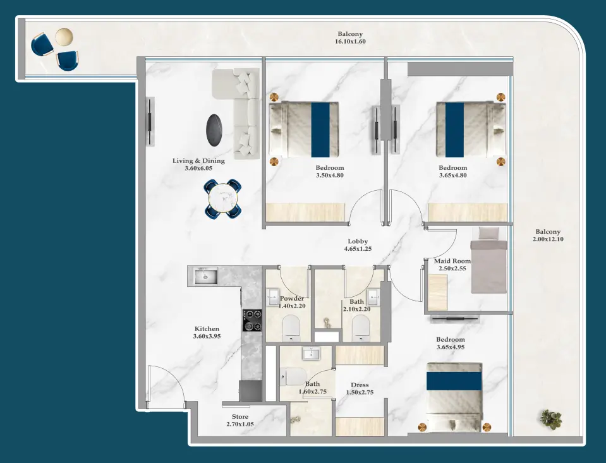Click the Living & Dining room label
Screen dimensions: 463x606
click(198, 165)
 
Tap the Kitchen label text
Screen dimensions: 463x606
click(207, 332)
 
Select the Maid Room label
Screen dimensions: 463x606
click(452, 265)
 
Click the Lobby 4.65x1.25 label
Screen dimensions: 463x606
click(358, 245)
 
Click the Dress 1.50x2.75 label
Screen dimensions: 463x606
click(360, 388)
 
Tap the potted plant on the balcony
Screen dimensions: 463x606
click(551, 419)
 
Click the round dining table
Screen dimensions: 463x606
click(223, 198)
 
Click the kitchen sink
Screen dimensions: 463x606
click(206, 276)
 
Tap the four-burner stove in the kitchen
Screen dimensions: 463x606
click(253, 320)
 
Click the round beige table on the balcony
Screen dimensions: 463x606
click(64, 37)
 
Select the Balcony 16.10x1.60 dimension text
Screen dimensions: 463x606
click(350, 42)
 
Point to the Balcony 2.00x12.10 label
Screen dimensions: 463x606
click(547, 236)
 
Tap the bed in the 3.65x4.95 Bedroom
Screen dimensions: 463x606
click(454, 396)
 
